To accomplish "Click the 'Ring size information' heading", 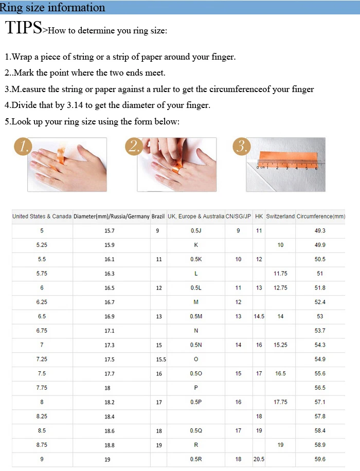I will point(52,7).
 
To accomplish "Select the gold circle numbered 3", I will point(241,147).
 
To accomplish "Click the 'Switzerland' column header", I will point(280,216).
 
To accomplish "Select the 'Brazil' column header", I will point(158,216).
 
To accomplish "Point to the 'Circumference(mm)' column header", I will point(321,216).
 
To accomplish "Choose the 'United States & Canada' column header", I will point(42,216).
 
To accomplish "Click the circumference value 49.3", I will point(320,231).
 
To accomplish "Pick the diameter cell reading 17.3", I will point(110,345).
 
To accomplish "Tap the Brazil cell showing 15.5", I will point(161,359).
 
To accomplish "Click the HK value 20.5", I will point(259,459).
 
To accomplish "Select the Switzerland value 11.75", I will point(280,274).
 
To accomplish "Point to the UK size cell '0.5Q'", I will point(196,431).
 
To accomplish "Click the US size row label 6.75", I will point(42,331).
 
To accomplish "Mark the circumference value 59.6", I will point(320,459).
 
